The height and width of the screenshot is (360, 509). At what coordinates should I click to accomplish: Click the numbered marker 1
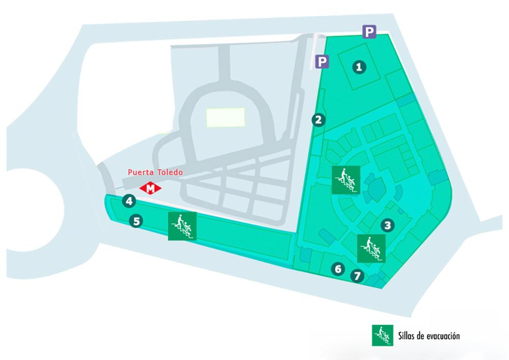(x=359, y=67)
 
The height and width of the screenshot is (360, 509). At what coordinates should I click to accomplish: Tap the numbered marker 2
(x=319, y=120)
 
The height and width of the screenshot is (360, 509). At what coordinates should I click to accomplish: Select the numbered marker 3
(x=387, y=225)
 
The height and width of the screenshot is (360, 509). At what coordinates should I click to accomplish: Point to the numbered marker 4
(x=129, y=201)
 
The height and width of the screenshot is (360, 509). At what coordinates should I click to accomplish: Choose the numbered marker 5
(x=136, y=221)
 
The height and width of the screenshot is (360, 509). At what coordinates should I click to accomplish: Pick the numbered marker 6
(x=338, y=269)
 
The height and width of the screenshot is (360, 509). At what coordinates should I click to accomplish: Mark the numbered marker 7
(x=357, y=276)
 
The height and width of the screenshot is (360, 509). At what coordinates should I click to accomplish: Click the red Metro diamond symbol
(x=150, y=188)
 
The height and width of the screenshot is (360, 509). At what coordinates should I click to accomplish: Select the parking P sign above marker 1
(x=370, y=32)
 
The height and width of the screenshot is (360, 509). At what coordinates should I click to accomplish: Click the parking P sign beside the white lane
(x=322, y=61)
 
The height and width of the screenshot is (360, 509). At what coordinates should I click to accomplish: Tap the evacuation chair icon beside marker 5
(x=182, y=226)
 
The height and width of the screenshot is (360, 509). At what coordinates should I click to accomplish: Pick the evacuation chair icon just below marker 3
(x=372, y=248)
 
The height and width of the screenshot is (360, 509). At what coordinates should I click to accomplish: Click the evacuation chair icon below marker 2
(x=346, y=180)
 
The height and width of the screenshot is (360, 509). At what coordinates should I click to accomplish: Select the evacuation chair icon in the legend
(x=382, y=336)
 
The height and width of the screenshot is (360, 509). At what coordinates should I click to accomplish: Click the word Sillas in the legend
(x=407, y=336)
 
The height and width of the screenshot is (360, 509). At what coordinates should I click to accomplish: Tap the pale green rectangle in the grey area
(x=225, y=117)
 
